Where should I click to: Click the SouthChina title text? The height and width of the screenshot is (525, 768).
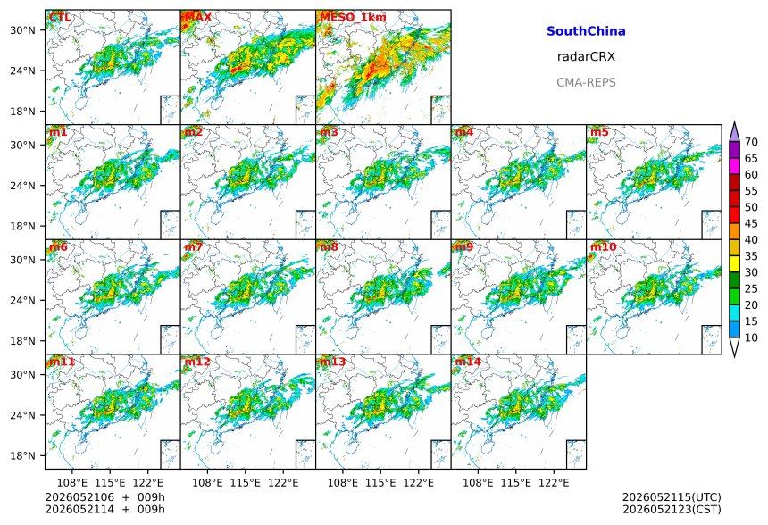[586, 31]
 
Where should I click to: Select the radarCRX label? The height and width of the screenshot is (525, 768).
[586, 57]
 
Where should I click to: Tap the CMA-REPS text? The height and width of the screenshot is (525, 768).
[586, 82]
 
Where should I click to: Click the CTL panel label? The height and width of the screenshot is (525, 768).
[60, 17]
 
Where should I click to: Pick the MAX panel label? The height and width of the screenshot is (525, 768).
[198, 17]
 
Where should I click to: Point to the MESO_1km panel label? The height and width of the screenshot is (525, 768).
[353, 17]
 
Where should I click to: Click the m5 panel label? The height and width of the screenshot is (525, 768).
[599, 132]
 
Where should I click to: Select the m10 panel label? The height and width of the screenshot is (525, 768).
[603, 246]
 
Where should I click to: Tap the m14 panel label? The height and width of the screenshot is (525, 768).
[468, 362]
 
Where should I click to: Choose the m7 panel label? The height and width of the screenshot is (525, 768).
[194, 246]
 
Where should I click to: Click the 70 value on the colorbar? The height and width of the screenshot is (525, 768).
[751, 142]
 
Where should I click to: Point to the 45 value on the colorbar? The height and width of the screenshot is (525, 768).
[751, 223]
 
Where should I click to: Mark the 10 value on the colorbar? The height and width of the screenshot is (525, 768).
[751, 337]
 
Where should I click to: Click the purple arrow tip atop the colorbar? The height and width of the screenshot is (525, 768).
[734, 122]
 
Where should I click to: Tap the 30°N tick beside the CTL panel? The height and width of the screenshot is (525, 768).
[22, 30]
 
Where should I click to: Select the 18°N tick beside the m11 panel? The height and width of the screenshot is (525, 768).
[22, 455]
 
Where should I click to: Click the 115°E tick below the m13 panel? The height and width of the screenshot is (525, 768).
[380, 483]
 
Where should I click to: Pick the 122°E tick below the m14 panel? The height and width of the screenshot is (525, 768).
[554, 483]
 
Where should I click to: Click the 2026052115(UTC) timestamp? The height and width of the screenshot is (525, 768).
[672, 497]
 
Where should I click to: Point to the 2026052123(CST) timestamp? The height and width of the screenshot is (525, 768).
[672, 509]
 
